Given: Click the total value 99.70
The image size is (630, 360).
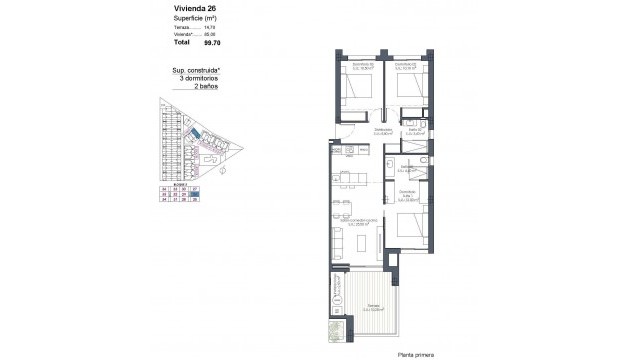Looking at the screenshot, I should click(212, 43).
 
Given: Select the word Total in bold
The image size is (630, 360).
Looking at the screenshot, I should click(181, 43).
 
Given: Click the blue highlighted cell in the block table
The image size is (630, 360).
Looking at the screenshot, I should click(196, 194).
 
